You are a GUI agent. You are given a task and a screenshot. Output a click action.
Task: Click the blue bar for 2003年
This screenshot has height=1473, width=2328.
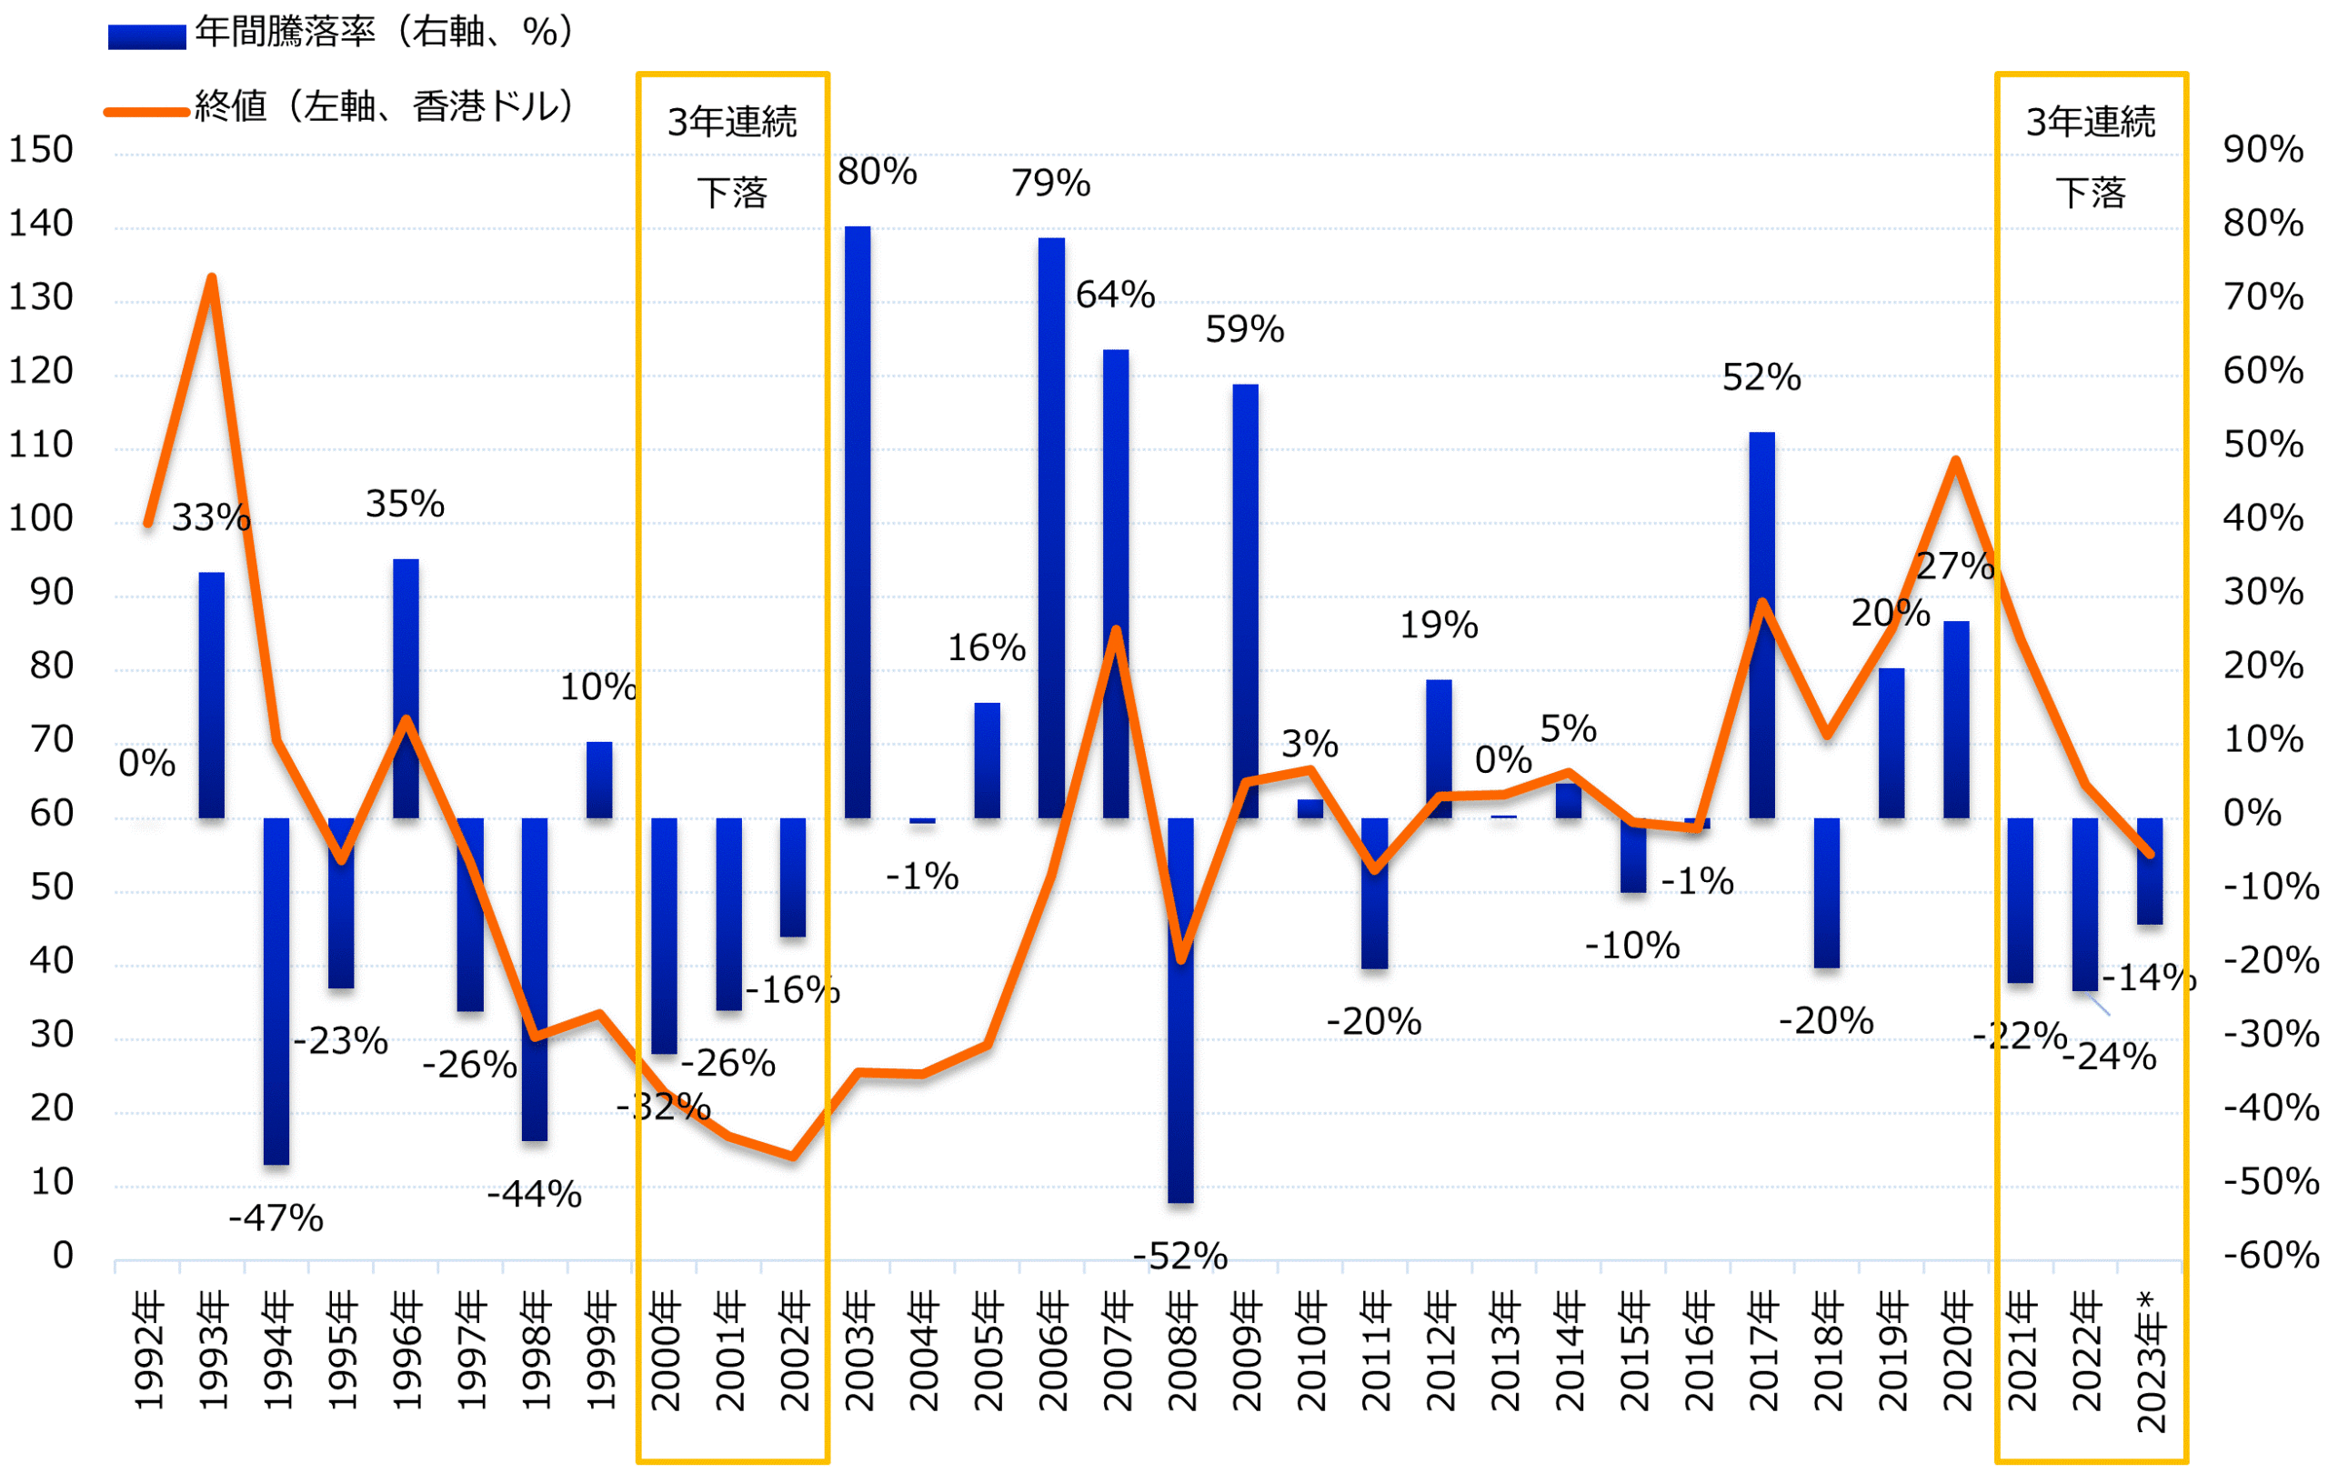(858, 522)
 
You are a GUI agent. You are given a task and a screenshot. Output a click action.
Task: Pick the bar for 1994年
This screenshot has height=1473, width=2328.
(276, 991)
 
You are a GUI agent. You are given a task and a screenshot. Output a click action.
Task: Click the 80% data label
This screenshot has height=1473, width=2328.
(877, 172)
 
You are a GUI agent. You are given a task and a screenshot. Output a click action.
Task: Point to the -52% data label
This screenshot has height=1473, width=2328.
(1179, 1257)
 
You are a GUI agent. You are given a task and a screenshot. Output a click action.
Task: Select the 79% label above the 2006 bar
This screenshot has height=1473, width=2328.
(1051, 184)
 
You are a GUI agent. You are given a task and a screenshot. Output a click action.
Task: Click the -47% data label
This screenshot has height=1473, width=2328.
(276, 1217)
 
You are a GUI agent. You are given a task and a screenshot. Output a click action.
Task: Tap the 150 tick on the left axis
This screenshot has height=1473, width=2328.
(41, 150)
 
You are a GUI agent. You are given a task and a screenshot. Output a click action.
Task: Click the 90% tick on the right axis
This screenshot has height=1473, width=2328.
(2263, 150)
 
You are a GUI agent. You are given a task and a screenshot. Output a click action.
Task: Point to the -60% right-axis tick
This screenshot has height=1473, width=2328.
(2270, 1256)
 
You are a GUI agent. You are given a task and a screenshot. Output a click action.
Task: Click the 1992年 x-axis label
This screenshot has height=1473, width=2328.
(148, 1353)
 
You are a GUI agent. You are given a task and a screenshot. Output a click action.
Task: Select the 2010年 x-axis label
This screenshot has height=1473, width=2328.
(1311, 1353)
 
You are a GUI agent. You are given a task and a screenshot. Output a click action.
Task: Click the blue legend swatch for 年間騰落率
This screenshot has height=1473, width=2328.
(146, 36)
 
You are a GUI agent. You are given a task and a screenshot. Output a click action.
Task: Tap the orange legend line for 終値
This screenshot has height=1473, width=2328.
(146, 112)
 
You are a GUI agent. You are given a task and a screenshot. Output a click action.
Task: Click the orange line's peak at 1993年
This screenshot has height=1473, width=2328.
(212, 278)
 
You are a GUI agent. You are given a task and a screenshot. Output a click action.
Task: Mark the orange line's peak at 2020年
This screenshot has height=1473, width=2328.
(1956, 460)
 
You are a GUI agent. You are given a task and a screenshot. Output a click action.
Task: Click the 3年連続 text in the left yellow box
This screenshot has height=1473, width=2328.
(732, 123)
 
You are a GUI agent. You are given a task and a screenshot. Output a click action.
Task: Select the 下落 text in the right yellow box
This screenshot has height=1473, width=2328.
(2090, 194)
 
